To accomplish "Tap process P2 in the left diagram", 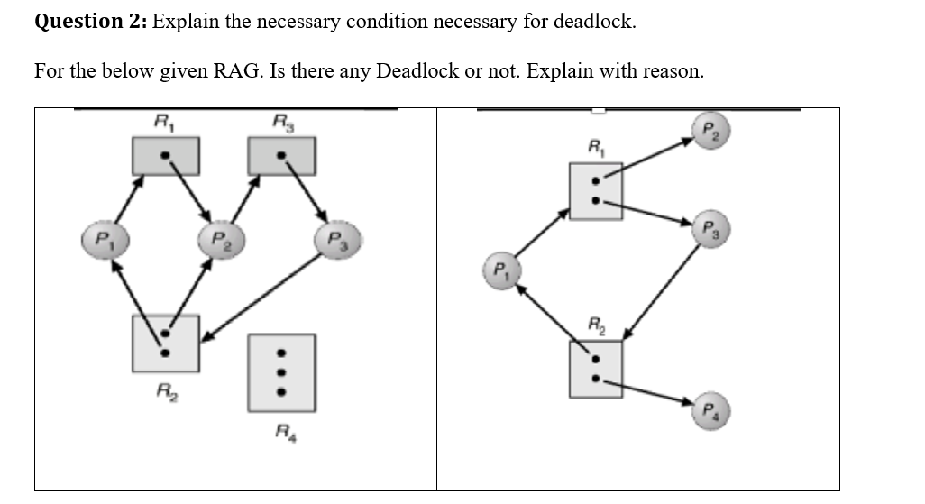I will pyautogui.click(x=217, y=242).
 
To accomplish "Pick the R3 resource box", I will pyautogui.click(x=282, y=156).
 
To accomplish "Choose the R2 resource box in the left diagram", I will pyautogui.click(x=165, y=343).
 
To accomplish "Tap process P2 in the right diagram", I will pyautogui.click(x=709, y=129).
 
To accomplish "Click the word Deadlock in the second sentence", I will pyautogui.click(x=417, y=71).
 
